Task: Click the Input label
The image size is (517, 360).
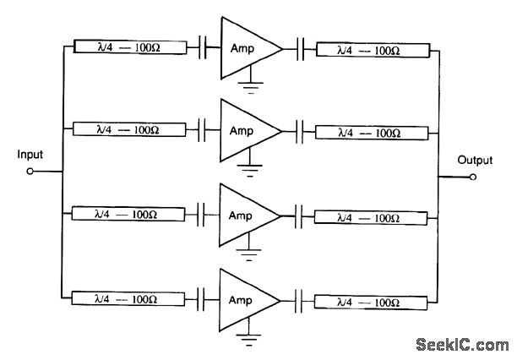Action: [x=29, y=155]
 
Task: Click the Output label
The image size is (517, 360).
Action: [x=474, y=160]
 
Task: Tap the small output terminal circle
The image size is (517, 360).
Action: [x=473, y=177]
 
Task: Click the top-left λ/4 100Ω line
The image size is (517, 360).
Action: [x=129, y=48]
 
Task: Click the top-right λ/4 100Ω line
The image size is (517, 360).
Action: [x=372, y=50]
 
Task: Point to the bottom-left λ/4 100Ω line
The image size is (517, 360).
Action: [x=129, y=299]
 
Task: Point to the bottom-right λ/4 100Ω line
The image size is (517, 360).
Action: [x=372, y=300]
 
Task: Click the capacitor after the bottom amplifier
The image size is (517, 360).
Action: [x=301, y=300]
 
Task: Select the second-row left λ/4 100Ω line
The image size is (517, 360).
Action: [x=129, y=130]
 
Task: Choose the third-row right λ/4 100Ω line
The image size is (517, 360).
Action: [x=372, y=216]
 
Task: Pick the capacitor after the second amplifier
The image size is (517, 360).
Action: [x=301, y=131]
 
